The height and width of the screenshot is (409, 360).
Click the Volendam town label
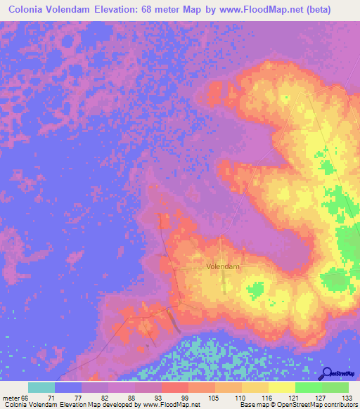click(x=224, y=267)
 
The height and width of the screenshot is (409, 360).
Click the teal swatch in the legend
click(x=41, y=387)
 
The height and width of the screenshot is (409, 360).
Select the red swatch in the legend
click(x=175, y=387)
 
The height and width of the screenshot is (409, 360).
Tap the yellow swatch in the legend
click(x=281, y=387)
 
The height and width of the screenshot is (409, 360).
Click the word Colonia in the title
click(x=30, y=10)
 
